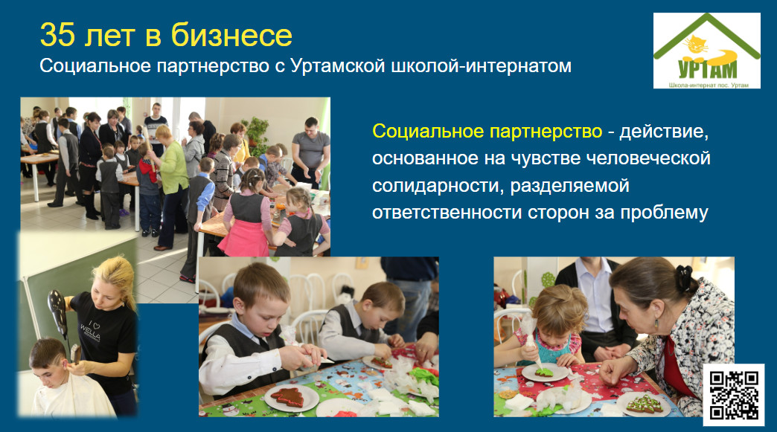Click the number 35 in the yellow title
pos(57,35)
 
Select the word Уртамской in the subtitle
pos(337,66)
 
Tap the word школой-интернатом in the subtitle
pos(482,66)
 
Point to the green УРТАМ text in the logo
pos(707,69)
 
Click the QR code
pos(733,395)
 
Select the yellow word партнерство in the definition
pos(546,132)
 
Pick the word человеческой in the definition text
pos(648,158)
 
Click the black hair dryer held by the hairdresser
pos(59,312)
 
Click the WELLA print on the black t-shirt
pos(91,331)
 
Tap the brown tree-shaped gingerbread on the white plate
pos(287,397)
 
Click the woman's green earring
pos(656,324)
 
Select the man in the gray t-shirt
pos(310,152)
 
